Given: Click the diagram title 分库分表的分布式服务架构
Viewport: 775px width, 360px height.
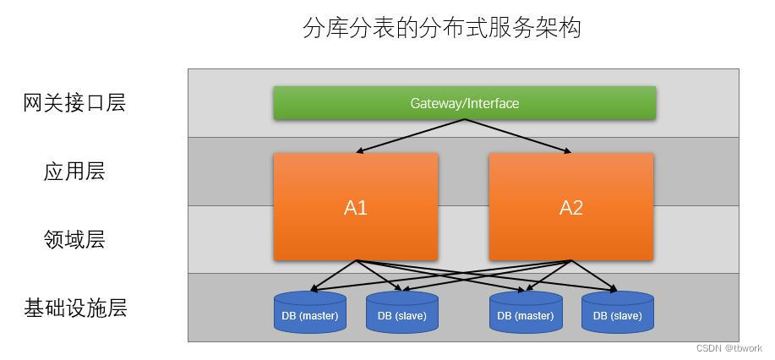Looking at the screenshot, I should tap(441, 27).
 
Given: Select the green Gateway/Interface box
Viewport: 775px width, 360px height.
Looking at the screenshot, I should tap(464, 103).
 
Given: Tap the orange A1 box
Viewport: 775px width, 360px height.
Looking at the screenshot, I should tap(355, 207).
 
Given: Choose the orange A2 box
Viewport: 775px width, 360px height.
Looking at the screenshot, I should tap(570, 207).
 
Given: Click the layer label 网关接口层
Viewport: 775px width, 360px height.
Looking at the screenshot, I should tap(74, 103).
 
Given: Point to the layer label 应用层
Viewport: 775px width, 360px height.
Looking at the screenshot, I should tap(74, 172).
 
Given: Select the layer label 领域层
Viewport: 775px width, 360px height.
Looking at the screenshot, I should tap(74, 240).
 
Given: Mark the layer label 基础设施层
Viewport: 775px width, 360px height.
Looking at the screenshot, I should tap(74, 308).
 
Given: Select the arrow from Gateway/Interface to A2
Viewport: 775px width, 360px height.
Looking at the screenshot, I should tap(517, 136).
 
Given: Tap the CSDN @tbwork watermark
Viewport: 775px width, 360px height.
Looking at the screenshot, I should tap(729, 348).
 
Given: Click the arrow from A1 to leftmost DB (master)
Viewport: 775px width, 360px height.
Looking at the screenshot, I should tap(333, 276).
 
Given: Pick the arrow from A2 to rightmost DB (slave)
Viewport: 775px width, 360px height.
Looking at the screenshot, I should tap(593, 276).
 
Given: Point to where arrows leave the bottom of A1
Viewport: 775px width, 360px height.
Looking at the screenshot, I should tap(356, 261).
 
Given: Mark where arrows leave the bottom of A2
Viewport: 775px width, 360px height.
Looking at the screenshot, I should tap(571, 261).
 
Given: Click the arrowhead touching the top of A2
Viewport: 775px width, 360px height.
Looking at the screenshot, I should tap(568, 152).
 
